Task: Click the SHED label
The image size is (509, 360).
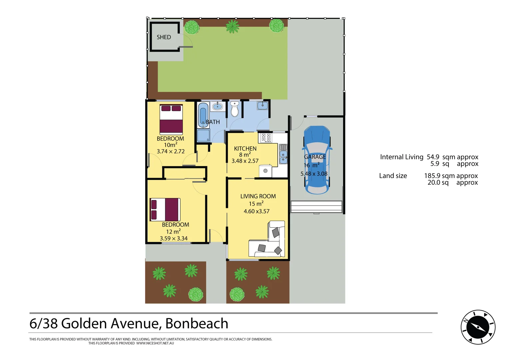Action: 164,37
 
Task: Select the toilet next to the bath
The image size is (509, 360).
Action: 235,109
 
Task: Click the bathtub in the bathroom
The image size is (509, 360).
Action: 203,115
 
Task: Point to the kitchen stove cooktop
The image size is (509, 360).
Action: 266,137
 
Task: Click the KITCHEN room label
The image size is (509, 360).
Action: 245,149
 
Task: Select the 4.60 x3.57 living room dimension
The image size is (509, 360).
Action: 256,211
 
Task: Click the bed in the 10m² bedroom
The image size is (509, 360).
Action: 171,119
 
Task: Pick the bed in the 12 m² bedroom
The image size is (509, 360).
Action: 165,210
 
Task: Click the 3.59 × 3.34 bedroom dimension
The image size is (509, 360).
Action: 174,238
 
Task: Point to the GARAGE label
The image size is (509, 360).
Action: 315,157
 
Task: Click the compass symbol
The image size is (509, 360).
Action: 478,327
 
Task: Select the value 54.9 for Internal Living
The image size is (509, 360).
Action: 433,157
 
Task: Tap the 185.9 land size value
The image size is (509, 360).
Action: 432,176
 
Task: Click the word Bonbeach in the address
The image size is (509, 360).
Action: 197,324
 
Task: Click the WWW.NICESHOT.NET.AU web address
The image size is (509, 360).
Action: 155,343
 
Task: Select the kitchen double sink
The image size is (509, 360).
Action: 283,154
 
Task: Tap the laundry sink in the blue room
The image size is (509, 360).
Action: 262,106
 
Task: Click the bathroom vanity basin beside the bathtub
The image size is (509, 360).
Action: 217,107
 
